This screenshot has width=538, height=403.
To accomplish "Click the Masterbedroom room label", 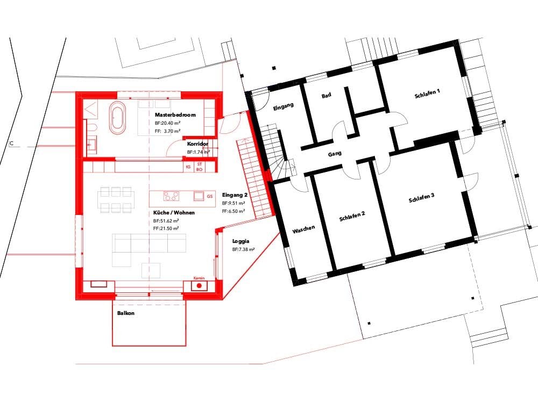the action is [x=175, y=115].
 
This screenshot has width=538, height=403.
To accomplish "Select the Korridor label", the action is [x=197, y=144].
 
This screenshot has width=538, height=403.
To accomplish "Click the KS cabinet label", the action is [x=188, y=167].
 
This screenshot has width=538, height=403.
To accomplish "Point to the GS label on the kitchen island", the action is [x=210, y=196].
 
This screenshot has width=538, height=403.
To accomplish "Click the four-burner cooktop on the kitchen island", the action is [x=171, y=196].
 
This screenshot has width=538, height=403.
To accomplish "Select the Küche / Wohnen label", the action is [x=174, y=213].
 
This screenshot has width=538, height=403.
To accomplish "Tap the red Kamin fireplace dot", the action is [x=199, y=285].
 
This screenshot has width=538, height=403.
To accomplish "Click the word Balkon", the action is [x=125, y=313].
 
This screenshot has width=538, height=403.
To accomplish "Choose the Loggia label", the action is [x=241, y=241].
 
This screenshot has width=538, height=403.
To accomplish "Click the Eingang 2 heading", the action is [x=235, y=195].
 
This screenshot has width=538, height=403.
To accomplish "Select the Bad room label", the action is [x=327, y=95].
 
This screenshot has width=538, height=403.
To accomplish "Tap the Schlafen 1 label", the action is [x=427, y=93].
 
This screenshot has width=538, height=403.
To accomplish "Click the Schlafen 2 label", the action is [x=352, y=216].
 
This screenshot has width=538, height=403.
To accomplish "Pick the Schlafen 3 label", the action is [x=422, y=198].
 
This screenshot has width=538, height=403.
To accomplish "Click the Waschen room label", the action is [x=303, y=229].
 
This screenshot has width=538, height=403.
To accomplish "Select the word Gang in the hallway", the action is [x=335, y=154].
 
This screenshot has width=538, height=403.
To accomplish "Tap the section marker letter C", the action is [x=11, y=143].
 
